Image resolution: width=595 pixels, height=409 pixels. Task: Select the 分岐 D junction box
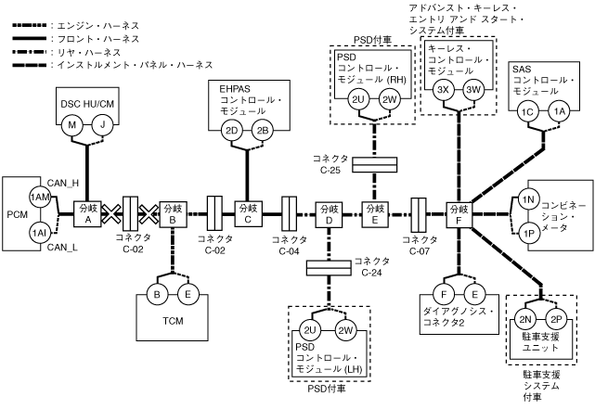[x=329, y=214]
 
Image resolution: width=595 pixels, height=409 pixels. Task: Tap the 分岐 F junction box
[x=459, y=214]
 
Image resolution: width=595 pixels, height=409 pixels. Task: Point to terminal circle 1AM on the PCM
[x=40, y=198]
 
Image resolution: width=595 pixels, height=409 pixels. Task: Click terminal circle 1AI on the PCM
[x=40, y=231]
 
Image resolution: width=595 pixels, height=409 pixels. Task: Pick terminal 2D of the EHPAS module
[x=233, y=130]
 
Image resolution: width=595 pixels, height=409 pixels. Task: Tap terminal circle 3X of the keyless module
[x=443, y=90]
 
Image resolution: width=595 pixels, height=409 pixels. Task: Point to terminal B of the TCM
[x=158, y=296]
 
